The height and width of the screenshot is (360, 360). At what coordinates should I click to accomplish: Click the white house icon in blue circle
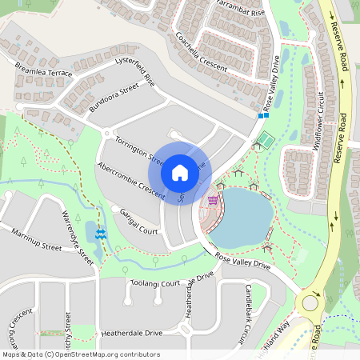coord(180,172)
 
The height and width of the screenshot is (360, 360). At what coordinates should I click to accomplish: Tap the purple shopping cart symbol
coord(213,200)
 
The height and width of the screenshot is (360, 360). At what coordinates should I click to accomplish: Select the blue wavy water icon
coord(101,234)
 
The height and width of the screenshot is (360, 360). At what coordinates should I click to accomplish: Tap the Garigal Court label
coord(136,218)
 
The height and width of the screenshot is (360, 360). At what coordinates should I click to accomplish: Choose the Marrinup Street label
coord(36,238)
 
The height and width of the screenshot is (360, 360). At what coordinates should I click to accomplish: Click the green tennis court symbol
coord(262,142)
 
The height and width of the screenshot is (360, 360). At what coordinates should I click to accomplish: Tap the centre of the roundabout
coord(309,303)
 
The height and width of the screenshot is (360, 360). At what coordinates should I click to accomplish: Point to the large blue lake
coord(242,216)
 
